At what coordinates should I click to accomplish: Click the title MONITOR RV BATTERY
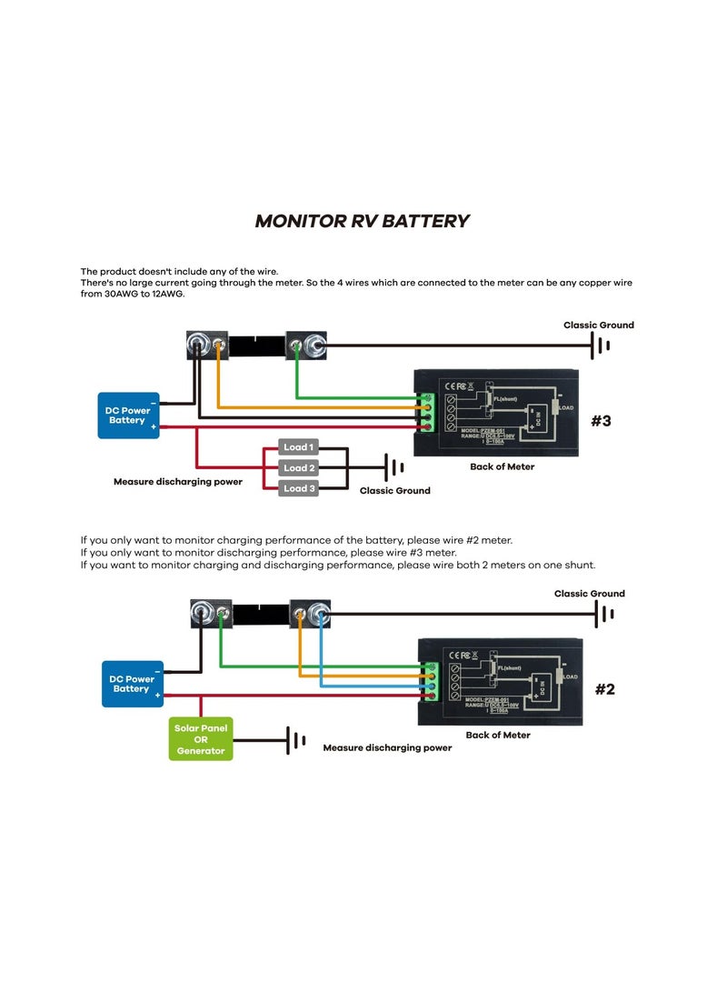point(362,221)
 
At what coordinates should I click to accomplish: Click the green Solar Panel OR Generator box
point(201,739)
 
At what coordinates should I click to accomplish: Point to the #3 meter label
point(601,421)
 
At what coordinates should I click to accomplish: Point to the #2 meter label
point(604,689)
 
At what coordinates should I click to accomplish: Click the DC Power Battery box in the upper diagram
point(128,416)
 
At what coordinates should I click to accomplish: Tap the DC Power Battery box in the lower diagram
point(133,684)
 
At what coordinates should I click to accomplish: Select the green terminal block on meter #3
point(425,413)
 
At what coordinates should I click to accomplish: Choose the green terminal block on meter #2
point(429,682)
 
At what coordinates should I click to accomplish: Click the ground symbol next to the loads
point(394,467)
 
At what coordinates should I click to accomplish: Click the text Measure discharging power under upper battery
point(177,481)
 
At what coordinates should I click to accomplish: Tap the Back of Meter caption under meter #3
point(502,466)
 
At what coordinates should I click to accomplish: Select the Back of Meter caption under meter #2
point(497,735)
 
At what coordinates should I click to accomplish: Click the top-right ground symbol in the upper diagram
point(600,346)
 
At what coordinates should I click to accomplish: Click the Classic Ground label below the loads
point(394,491)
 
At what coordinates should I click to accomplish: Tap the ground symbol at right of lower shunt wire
point(603,614)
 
